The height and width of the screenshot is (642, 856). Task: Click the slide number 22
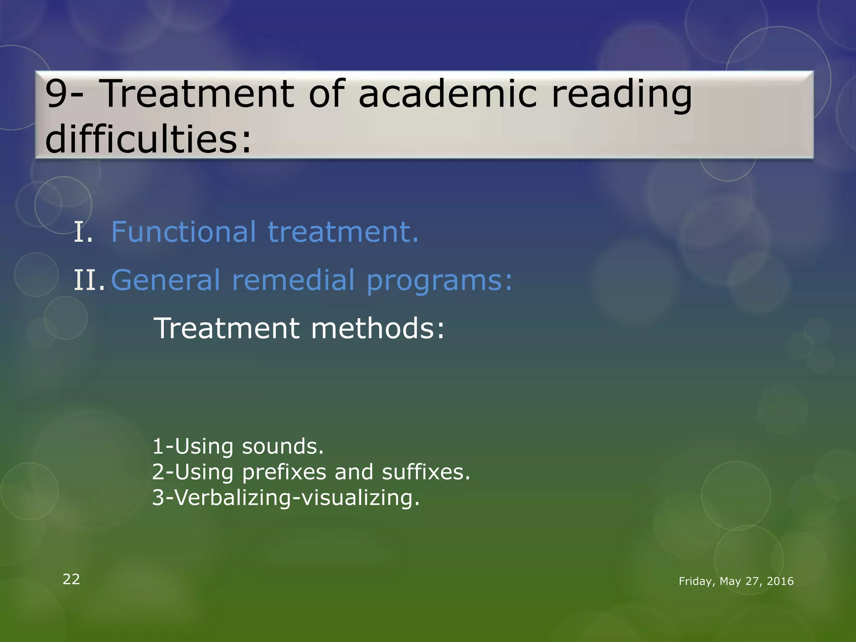click(71, 579)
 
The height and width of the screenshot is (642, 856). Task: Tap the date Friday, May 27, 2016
click(736, 581)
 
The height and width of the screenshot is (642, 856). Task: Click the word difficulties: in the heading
click(148, 139)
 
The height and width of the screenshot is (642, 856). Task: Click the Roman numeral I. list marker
click(83, 232)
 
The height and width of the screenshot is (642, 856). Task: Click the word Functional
click(183, 232)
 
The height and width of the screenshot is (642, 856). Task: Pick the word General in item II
click(165, 280)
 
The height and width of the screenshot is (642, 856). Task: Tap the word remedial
click(293, 280)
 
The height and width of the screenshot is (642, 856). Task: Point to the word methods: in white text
click(378, 328)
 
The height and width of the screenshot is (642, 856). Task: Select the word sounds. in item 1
click(283, 446)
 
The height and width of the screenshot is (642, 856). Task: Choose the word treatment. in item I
click(343, 232)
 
